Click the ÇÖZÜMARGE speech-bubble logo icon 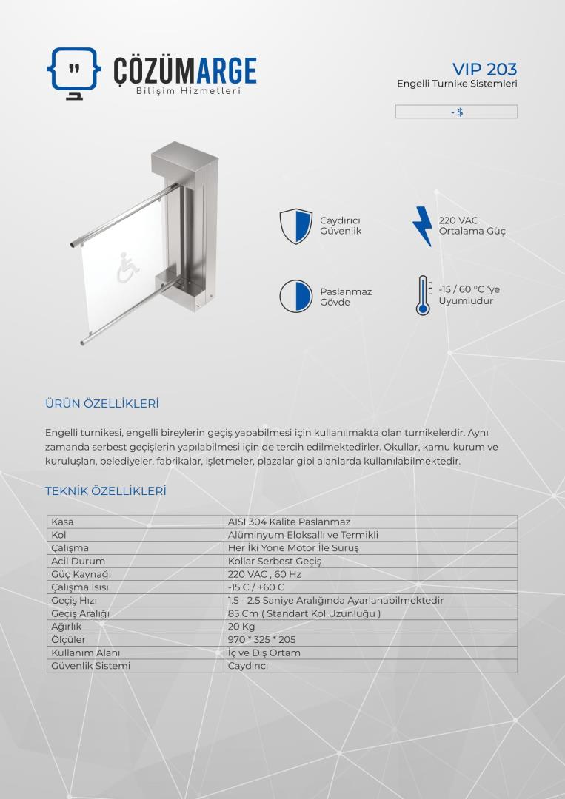[73, 72]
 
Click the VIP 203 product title [484, 69]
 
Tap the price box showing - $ [456, 112]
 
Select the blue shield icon [295, 226]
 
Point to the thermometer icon [423, 295]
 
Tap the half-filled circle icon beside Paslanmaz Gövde [295, 296]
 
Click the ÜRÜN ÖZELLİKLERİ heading [102, 404]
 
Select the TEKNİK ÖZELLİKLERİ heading [105, 491]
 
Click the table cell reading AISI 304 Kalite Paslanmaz [289, 522]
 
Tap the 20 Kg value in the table [241, 627]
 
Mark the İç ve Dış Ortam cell [264, 653]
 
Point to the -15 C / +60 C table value [256, 587]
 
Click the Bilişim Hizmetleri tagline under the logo [188, 91]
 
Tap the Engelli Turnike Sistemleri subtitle [457, 84]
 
